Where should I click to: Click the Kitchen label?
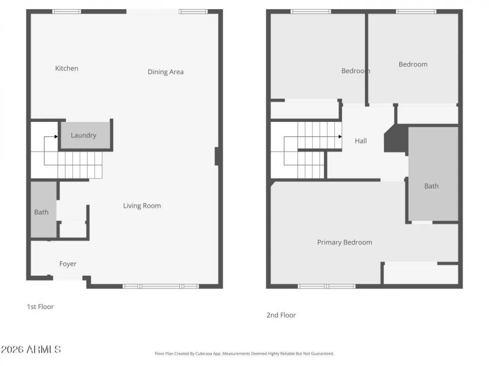click(67, 69)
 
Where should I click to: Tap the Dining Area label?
click(166, 72)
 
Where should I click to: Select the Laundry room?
click(84, 135)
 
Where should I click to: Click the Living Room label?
click(142, 206)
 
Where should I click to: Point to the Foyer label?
click(68, 264)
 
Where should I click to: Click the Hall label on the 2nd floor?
click(361, 141)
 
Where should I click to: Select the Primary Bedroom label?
click(344, 242)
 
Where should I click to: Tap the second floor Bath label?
click(431, 186)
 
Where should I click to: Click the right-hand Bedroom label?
click(413, 65)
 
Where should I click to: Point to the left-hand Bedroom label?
click(356, 71)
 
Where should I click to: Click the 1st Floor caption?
click(40, 307)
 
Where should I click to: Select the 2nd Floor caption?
click(281, 315)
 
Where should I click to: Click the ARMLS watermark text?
click(31, 350)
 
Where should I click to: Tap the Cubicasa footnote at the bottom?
click(244, 353)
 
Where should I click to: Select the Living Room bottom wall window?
click(161, 286)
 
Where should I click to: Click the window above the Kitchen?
click(67, 11)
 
